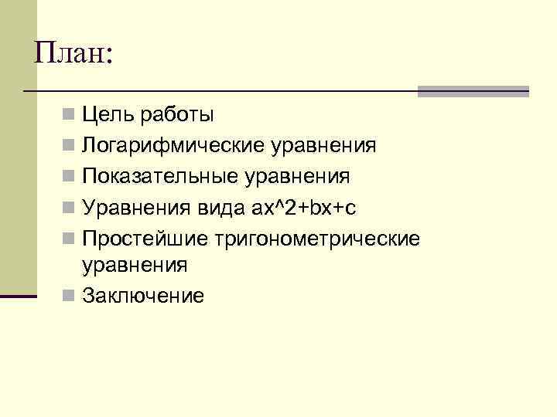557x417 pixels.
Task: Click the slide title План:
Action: point(73,53)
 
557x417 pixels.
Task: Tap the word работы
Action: point(176,116)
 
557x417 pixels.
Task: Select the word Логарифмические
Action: point(174,146)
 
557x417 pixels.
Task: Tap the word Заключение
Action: point(144,295)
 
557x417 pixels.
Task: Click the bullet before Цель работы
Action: point(69,116)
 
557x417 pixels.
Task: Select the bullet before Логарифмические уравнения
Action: point(69,146)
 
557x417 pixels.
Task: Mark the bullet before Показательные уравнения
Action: point(69,176)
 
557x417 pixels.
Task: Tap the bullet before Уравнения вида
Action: point(69,207)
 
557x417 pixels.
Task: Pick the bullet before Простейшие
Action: point(69,237)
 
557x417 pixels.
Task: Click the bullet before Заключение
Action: point(69,295)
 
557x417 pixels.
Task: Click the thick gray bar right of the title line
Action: point(473,91)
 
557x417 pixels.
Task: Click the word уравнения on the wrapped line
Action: point(135,266)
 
